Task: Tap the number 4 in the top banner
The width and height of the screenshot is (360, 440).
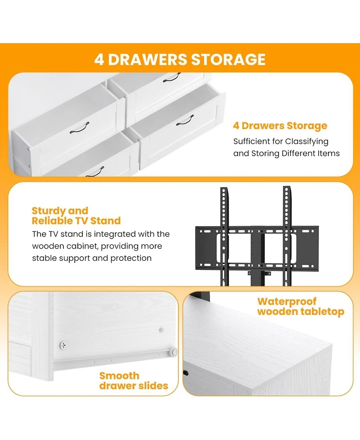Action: click(99, 59)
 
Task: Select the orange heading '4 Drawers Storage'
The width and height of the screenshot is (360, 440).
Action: click(280, 126)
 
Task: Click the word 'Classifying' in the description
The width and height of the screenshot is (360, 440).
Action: click(307, 141)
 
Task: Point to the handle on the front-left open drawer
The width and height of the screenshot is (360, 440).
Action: click(80, 127)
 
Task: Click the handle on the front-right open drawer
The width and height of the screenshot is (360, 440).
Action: click(184, 120)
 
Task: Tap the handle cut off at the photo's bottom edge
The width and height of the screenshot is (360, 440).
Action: click(94, 172)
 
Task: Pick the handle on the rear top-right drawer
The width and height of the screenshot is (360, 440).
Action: click(171, 79)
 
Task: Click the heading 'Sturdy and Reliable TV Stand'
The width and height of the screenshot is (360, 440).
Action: click(76, 216)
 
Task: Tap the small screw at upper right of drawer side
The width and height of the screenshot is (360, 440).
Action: click(162, 330)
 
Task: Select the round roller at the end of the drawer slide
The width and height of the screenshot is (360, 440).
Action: click(173, 352)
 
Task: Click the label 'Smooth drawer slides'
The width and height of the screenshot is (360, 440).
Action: click(134, 381)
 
